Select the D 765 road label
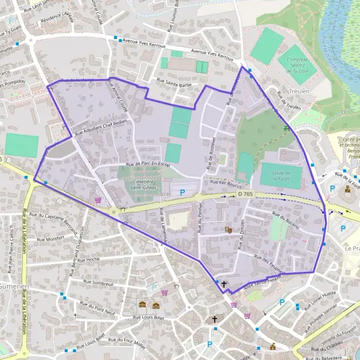coord(245,194)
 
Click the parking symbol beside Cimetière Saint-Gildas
coord(182,192)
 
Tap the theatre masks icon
coord(228,230)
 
